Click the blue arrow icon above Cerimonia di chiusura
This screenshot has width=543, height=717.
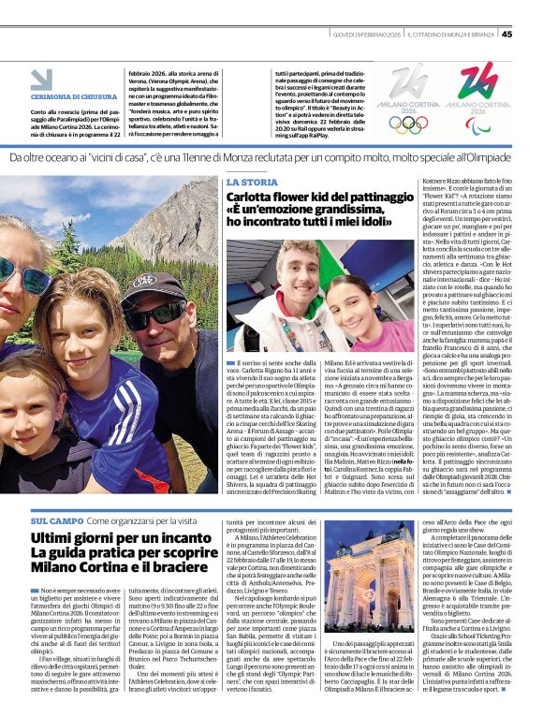tap(41, 80)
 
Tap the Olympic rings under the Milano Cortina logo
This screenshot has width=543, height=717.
tap(408, 124)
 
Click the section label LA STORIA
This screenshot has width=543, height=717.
tap(252, 182)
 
